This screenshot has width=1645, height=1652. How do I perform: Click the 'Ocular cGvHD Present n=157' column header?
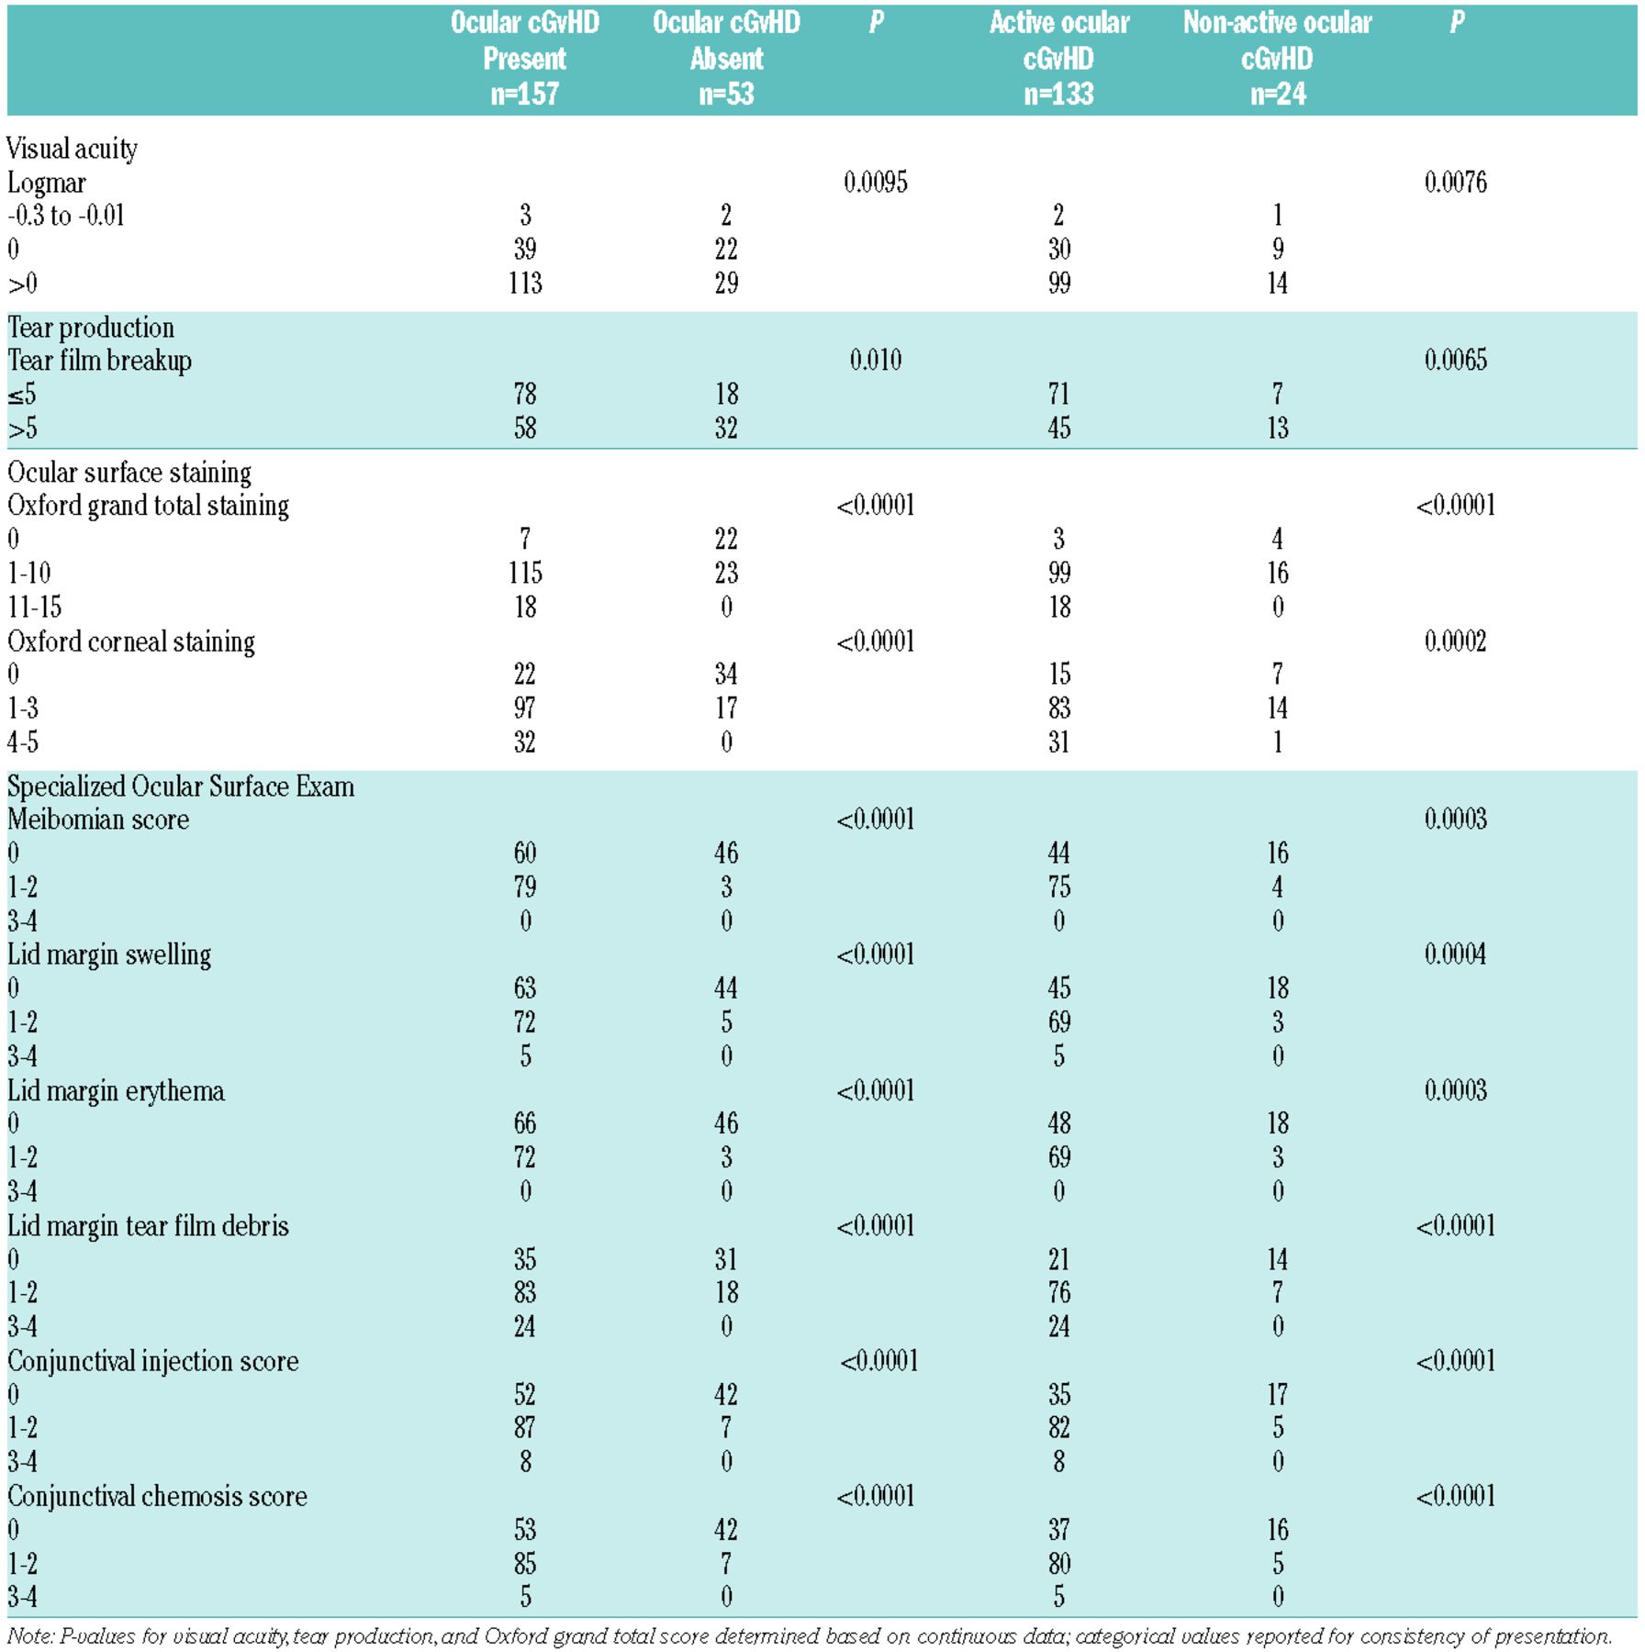pyautogui.click(x=524, y=58)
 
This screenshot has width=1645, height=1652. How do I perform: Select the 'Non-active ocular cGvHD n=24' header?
pyautogui.click(x=1277, y=58)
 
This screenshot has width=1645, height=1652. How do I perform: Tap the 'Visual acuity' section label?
pyautogui.click(x=73, y=149)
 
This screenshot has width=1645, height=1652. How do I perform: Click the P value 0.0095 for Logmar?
pyautogui.click(x=875, y=182)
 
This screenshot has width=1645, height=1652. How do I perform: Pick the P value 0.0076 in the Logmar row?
pyautogui.click(x=1455, y=182)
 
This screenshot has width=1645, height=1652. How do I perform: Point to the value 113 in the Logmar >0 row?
pyautogui.click(x=525, y=283)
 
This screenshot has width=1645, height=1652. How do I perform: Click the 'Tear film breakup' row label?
pyautogui.click(x=99, y=361)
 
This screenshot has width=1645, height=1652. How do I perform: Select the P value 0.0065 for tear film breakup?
pyautogui.click(x=1455, y=360)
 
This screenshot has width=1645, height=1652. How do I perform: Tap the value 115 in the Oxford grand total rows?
pyautogui.click(x=525, y=573)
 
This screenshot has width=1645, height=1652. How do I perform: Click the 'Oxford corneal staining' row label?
pyautogui.click(x=131, y=642)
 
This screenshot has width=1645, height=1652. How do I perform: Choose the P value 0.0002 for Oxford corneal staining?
pyautogui.click(x=1455, y=641)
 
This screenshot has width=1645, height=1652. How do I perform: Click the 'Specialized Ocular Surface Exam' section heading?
pyautogui.click(x=181, y=787)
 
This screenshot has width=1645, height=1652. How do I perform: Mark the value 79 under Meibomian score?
pyautogui.click(x=525, y=887)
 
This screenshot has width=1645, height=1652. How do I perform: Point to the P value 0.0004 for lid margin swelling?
pyautogui.click(x=1455, y=954)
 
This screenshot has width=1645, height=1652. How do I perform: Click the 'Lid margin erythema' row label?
pyautogui.click(x=116, y=1091)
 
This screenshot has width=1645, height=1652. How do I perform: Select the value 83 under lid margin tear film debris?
pyautogui.click(x=525, y=1292)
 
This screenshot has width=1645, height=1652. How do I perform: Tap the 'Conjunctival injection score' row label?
pyautogui.click(x=153, y=1361)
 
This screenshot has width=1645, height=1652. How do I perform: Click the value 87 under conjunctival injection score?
pyautogui.click(x=525, y=1427)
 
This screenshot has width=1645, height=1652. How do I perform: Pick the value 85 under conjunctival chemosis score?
pyautogui.click(x=525, y=1563)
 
